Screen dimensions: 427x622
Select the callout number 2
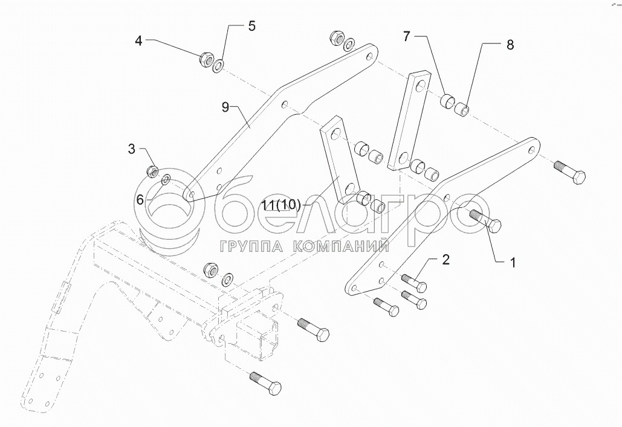[445, 260]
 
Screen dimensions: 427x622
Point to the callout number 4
[138, 41]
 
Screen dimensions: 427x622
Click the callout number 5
[251, 26]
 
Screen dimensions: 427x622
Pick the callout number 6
[140, 199]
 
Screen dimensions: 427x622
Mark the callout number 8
[510, 45]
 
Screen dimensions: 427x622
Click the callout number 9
[225, 108]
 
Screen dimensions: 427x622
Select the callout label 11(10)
[281, 204]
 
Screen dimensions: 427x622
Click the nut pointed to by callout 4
[206, 59]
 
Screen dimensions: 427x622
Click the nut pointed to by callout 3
[153, 171]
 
